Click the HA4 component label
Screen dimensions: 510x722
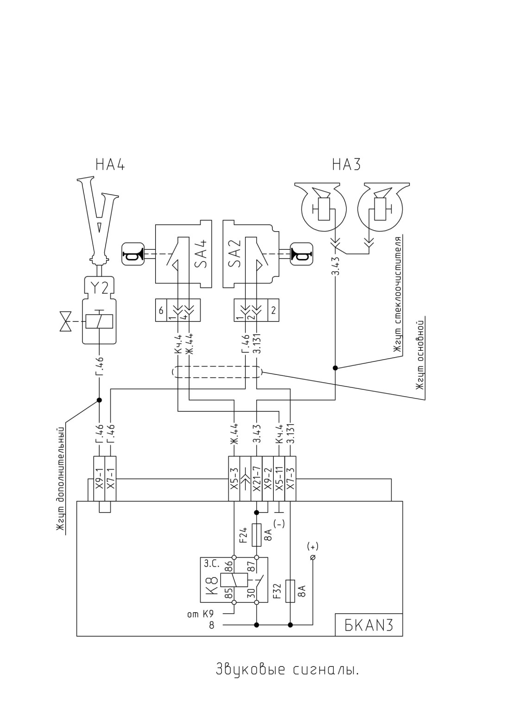tap(110, 165)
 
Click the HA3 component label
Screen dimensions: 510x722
tap(346, 165)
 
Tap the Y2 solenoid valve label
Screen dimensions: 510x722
tap(99, 288)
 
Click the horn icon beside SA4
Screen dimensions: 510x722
tap(133, 253)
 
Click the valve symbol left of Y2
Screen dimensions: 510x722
tap(66, 321)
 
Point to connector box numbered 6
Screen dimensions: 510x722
tap(161, 310)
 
